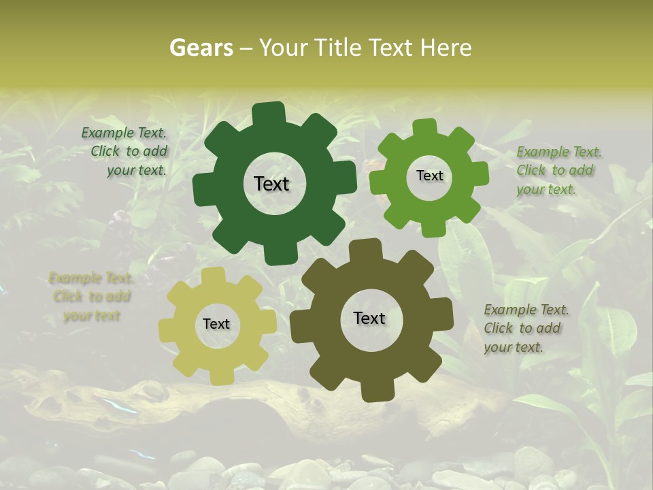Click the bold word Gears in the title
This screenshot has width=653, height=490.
pos(201,48)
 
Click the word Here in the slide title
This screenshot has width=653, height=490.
pos(446,48)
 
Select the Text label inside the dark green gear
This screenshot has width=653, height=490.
pos(271,184)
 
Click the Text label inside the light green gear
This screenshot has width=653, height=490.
pos(429,176)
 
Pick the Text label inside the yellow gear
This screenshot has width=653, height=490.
pos(216,324)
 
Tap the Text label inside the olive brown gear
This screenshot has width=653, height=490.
pos(369,318)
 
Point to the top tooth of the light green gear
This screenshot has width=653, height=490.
pos(424,129)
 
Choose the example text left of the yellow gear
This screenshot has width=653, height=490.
pos(91,297)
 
